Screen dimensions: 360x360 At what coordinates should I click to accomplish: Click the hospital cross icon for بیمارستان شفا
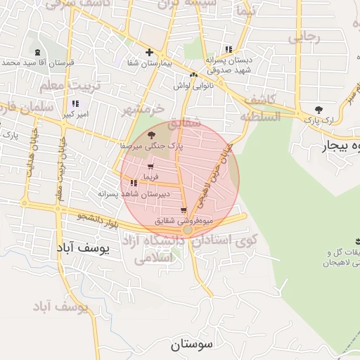149,52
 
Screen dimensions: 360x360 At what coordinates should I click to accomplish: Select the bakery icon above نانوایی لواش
193,75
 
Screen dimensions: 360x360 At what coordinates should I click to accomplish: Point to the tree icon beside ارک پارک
319,110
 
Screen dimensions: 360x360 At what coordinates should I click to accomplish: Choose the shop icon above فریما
150,167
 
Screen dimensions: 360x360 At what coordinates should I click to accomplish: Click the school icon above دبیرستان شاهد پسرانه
134,184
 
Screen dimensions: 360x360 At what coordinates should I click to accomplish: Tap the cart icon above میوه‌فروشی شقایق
184,210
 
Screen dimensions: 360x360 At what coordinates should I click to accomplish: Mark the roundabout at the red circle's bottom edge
188,230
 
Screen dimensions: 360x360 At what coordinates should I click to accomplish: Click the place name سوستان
191,345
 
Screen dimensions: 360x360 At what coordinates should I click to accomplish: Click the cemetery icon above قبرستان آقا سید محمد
37,53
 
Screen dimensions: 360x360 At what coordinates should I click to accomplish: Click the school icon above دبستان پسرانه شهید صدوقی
229,50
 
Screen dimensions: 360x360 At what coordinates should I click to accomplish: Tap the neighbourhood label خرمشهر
143,110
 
